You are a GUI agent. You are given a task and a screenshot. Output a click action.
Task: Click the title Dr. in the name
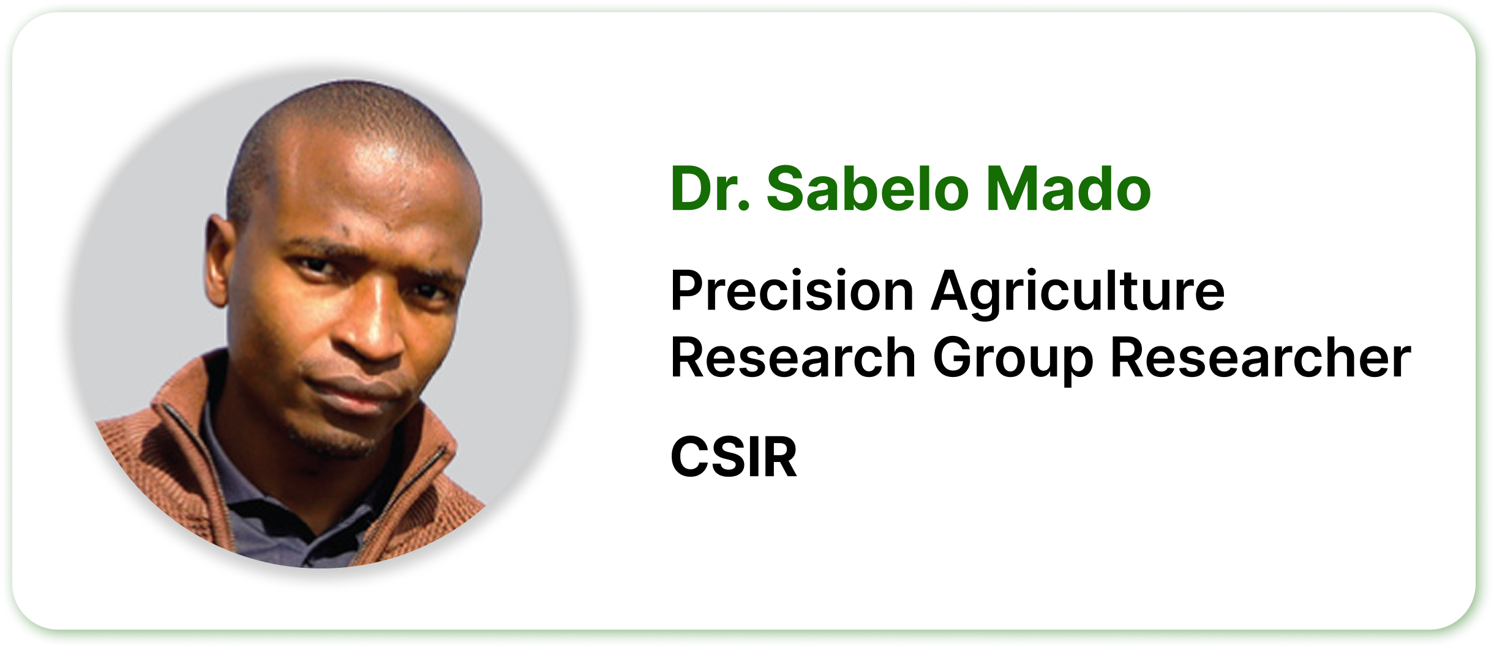tap(710, 189)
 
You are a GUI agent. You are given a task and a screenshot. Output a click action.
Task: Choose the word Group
tap(1013, 359)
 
